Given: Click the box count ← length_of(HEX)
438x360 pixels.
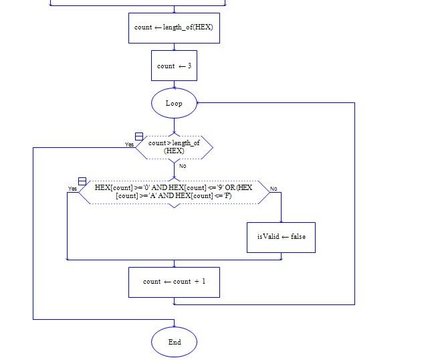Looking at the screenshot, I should (x=174, y=28).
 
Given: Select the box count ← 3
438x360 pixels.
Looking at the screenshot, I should (x=174, y=66).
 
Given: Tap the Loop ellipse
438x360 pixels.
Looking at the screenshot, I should (x=174, y=103).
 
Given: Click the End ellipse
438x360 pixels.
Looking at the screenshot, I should (x=174, y=342).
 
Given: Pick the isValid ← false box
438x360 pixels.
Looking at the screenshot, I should (x=281, y=237).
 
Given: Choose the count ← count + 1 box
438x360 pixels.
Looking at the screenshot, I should (x=174, y=282).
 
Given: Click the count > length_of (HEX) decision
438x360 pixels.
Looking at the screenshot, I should (x=174, y=147).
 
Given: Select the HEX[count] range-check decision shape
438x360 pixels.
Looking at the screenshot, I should (x=174, y=192).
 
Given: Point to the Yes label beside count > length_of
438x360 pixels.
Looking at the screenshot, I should (x=129, y=145).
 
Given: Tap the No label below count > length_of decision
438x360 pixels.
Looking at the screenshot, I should (x=183, y=166).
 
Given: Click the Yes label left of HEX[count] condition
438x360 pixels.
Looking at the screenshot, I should (x=72, y=189).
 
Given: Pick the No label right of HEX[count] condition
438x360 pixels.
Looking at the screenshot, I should (x=273, y=189).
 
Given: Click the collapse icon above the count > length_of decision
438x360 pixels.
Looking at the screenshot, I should (x=139, y=137).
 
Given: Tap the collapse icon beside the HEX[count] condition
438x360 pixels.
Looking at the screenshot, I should (x=82, y=181).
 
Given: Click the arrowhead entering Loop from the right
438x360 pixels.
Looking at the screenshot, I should (x=199, y=103).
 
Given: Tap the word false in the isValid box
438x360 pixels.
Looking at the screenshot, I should (x=295, y=237).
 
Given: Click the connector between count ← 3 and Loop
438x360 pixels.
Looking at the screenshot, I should (x=174, y=85).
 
